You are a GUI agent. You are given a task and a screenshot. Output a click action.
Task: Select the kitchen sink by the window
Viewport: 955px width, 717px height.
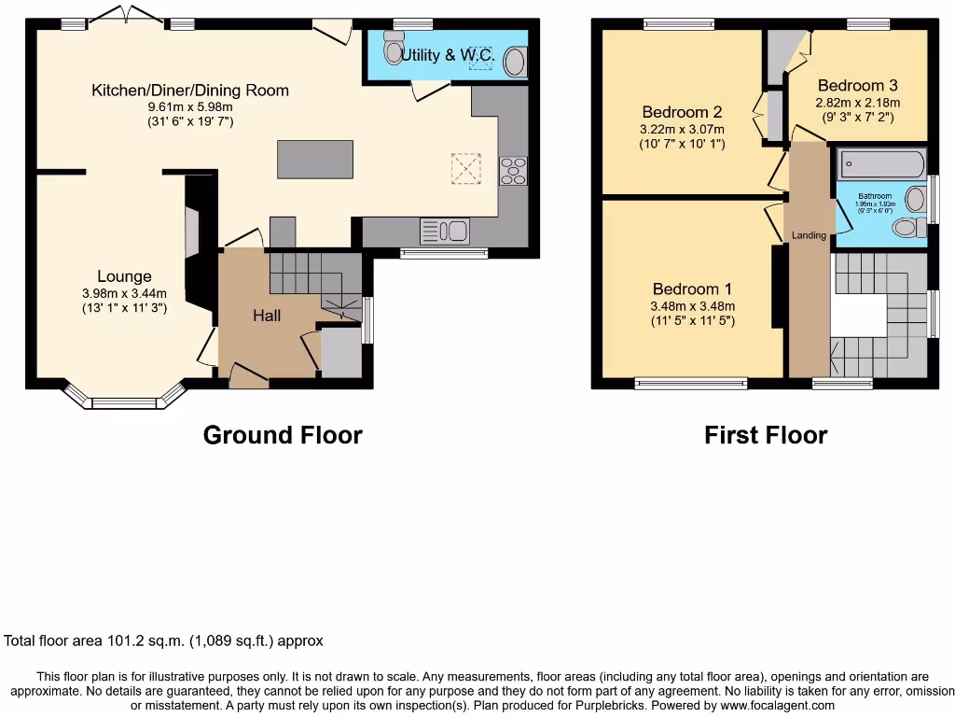(445, 230)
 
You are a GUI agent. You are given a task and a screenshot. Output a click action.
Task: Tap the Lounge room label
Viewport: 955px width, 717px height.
(124, 276)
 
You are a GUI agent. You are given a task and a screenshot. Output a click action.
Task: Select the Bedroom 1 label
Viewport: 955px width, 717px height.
(685, 289)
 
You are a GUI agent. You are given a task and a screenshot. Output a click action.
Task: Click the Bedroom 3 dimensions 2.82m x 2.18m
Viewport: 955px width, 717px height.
(857, 103)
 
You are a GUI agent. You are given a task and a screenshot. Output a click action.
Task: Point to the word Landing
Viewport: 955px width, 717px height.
(809, 235)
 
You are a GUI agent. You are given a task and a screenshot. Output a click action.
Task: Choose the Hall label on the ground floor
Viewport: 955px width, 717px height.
(267, 316)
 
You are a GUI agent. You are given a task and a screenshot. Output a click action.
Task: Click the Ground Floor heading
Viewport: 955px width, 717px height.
(283, 435)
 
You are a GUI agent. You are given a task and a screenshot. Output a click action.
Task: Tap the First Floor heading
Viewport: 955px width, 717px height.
(766, 435)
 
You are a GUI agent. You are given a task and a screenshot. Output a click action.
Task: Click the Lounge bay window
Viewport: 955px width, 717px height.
(125, 401)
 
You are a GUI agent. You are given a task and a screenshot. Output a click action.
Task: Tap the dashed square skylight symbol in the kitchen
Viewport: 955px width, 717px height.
(465, 169)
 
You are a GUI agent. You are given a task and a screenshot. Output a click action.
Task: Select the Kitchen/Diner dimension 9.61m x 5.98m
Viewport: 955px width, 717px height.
(189, 106)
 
